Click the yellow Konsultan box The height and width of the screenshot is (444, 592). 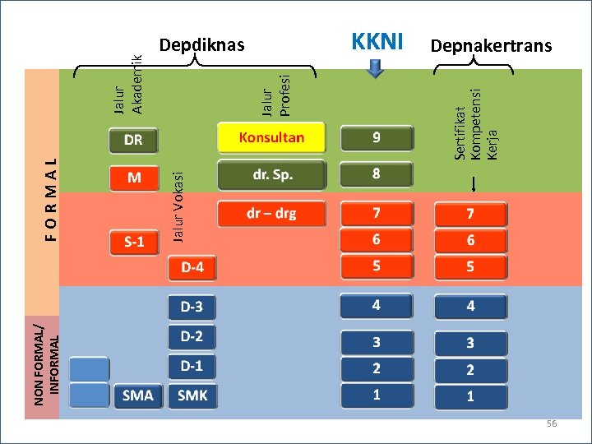point(271,138)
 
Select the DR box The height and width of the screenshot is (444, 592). point(133,141)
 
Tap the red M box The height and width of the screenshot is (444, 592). point(133,178)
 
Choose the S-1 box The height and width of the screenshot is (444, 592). point(134,242)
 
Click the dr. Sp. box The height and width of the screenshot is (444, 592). point(271,175)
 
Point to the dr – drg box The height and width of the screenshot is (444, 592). point(271,214)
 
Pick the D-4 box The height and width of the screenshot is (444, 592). point(192,268)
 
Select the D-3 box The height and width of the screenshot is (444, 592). point(192,308)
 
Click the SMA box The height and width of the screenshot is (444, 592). point(138,395)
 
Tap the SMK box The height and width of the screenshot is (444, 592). point(193,395)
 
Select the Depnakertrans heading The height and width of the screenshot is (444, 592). point(491,46)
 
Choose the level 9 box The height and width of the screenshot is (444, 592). point(377,138)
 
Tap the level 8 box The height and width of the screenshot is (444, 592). point(377,174)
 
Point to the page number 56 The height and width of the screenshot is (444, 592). point(552,423)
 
